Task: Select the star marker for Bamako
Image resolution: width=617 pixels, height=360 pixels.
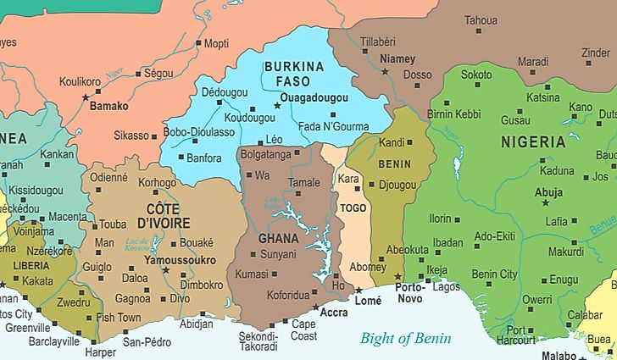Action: [x=85, y=97]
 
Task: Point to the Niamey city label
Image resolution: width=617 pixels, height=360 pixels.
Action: [x=398, y=58]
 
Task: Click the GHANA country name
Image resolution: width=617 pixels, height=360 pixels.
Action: [x=279, y=238]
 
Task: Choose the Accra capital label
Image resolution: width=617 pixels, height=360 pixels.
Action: [x=334, y=313]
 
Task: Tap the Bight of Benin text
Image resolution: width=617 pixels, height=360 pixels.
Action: [x=406, y=338]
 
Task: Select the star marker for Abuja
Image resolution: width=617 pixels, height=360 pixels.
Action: [x=545, y=203]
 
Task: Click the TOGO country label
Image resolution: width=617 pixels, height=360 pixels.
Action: [x=353, y=208]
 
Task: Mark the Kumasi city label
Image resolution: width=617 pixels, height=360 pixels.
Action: [x=252, y=274]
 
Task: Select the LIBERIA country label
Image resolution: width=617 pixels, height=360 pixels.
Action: [x=31, y=265]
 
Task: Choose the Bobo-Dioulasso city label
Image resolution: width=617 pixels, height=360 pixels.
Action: [x=199, y=132]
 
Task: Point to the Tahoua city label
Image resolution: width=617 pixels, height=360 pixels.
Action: [x=481, y=19]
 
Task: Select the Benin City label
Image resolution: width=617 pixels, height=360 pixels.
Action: [x=494, y=274]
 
